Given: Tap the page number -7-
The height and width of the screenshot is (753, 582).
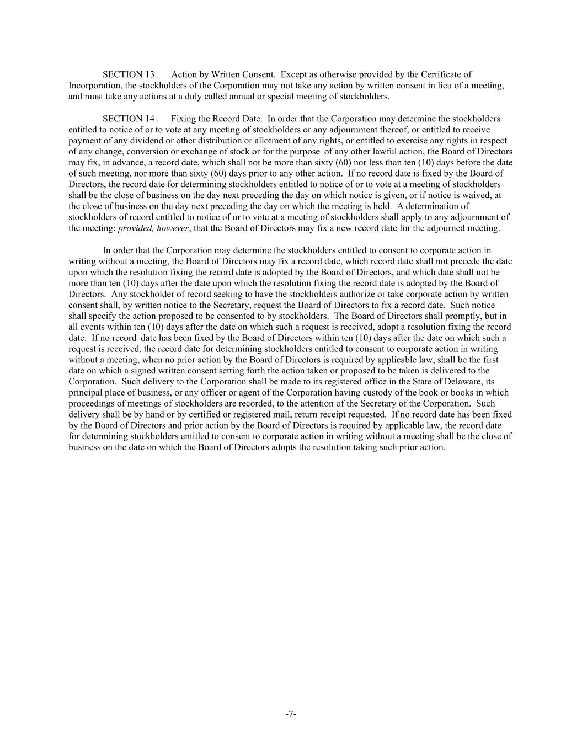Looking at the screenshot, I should [x=291, y=714].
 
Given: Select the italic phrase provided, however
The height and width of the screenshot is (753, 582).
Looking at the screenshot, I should [x=153, y=228].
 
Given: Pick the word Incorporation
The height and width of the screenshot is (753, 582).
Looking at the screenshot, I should [x=93, y=86].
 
